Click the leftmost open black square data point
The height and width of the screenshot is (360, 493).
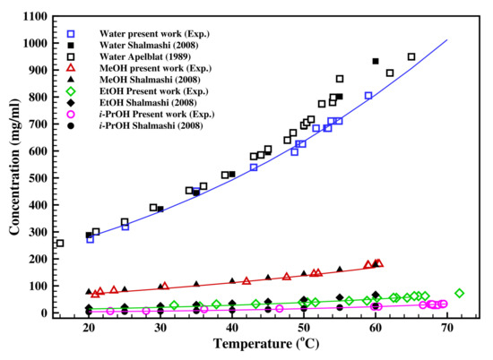point(60,243)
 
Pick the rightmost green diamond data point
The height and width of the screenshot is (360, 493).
point(460,293)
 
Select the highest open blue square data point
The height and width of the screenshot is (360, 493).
point(368,95)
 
